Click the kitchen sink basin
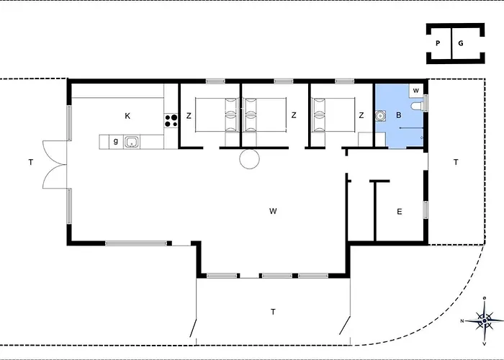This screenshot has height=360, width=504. [132, 142]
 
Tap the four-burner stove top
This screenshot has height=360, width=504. [171, 120]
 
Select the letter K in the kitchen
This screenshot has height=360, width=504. [127, 116]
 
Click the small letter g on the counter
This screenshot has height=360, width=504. [116, 141]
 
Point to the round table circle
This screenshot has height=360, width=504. [249, 159]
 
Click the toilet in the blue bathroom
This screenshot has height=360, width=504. [417, 106]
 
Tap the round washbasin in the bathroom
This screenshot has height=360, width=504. [380, 115]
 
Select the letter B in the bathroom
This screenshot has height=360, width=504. [399, 115]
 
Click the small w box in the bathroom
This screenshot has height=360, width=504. [416, 91]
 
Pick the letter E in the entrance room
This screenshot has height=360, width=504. [399, 212]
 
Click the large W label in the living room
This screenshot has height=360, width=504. [273, 211]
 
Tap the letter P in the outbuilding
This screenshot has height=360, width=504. [438, 43]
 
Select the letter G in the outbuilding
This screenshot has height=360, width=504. [461, 43]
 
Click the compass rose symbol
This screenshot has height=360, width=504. [485, 320]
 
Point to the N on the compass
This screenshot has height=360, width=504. [462, 321]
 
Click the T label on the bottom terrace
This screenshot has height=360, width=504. [273, 312]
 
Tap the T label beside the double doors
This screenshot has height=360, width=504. [30, 162]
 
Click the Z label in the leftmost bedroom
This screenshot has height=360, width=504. [189, 116]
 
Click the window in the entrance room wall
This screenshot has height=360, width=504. [426, 210]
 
